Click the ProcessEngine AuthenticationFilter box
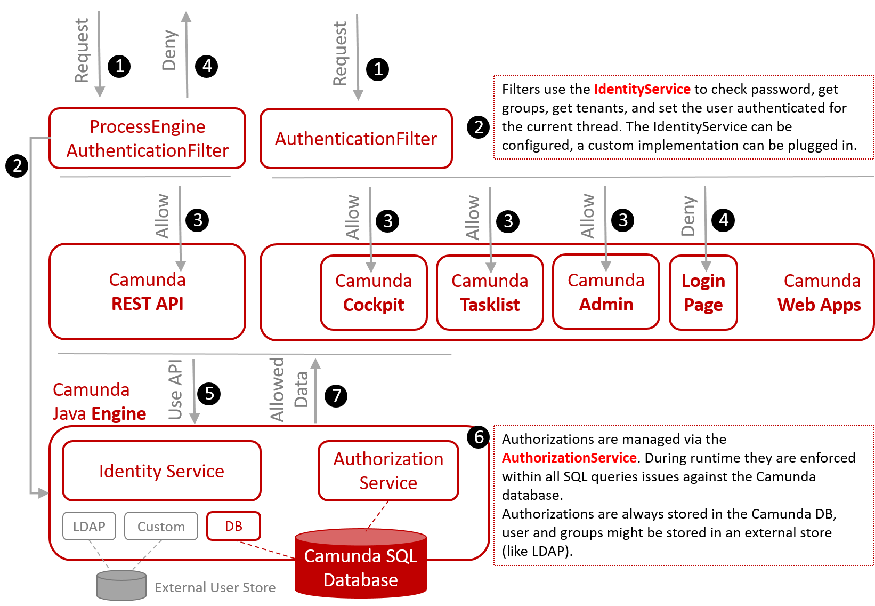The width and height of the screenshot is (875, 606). [x=147, y=139]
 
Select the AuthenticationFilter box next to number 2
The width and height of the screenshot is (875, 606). [x=355, y=139]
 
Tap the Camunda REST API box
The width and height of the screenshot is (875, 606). [x=147, y=292]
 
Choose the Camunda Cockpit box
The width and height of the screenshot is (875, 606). [x=374, y=293]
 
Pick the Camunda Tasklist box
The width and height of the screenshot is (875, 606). [x=490, y=293]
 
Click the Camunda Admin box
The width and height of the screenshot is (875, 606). [x=606, y=292]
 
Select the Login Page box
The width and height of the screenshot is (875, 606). [x=703, y=293]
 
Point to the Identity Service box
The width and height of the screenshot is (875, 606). [x=161, y=471]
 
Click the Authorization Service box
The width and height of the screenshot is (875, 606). [x=388, y=471]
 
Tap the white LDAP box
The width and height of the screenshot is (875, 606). [x=89, y=527]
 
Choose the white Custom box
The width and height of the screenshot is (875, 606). [x=161, y=527]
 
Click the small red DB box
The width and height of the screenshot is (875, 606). [x=233, y=527]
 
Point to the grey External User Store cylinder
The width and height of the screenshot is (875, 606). [x=121, y=586]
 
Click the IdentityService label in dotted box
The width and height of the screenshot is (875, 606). [x=642, y=89]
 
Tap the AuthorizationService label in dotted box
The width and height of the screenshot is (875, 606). [x=569, y=458]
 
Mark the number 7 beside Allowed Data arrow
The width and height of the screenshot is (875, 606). [x=336, y=396]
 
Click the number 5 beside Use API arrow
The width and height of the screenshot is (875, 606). [x=209, y=393]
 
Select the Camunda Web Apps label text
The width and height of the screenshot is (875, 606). [x=820, y=293]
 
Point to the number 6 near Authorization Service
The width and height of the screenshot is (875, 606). [x=479, y=437]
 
